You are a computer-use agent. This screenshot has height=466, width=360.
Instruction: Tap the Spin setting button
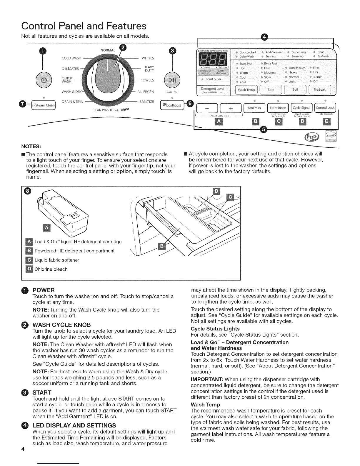[x=271, y=90]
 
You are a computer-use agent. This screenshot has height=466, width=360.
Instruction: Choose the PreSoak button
[x=319, y=90]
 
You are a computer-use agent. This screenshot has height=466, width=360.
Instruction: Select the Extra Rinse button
[x=278, y=108]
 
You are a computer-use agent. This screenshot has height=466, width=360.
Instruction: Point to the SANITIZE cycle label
[x=147, y=102]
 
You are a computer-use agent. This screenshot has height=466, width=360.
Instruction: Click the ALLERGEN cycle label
[x=146, y=92]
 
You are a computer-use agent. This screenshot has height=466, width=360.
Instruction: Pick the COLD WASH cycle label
[x=71, y=58]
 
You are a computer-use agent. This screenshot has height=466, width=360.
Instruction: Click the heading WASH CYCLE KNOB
[x=61, y=325]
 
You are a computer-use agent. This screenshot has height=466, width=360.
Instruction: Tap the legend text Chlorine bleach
[x=51, y=269]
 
